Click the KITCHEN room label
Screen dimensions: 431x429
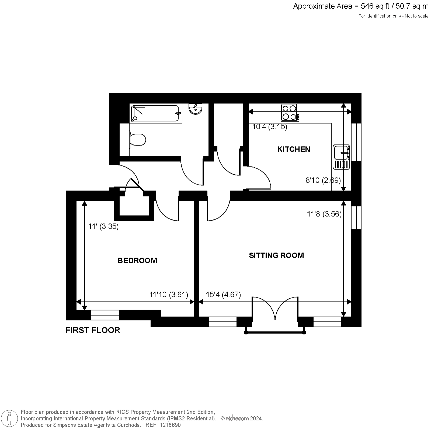pos(294,149)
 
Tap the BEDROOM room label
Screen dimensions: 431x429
pos(137,261)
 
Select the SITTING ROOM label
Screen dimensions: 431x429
pos(276,255)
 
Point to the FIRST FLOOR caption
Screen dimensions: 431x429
pos(93,330)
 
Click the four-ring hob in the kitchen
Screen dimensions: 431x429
pos(290,112)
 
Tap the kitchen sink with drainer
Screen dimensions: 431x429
pos(341,157)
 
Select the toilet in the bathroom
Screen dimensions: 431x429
pos(138,140)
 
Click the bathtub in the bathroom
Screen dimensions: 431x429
pos(155,113)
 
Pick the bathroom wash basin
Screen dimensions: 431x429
pos(195,109)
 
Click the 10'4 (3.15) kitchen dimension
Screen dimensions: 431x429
pos(270,127)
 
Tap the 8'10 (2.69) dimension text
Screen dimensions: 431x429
pos(323,180)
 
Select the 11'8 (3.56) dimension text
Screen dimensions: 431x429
pos(324,214)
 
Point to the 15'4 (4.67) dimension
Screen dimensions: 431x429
pos(223,295)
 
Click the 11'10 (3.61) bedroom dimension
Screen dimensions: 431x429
pos(169,295)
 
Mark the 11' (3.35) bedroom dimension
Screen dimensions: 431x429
pos(103,227)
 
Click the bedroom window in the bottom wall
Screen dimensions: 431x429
pos(105,315)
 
